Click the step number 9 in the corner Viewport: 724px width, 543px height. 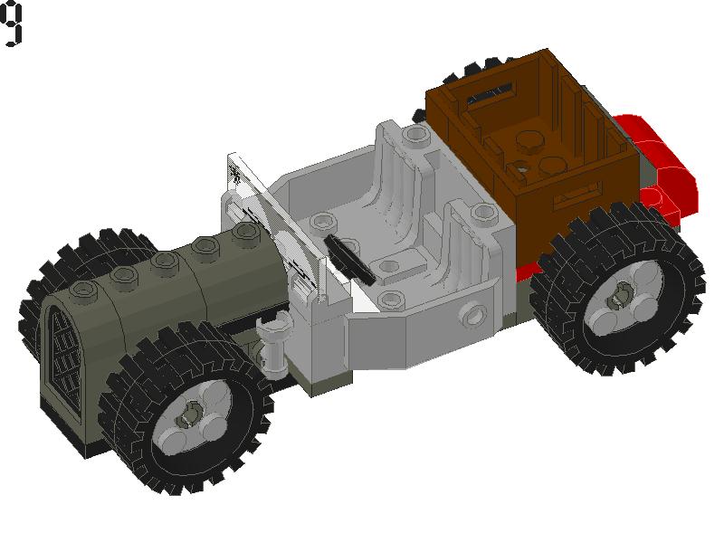[12, 24]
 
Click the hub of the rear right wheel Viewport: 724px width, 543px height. [623, 295]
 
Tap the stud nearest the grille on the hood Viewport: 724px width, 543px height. [85, 290]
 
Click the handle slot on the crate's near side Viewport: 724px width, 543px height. [579, 192]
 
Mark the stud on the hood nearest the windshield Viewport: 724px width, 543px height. [243, 233]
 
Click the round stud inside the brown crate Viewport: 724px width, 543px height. [525, 138]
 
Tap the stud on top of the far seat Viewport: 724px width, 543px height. [415, 136]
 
